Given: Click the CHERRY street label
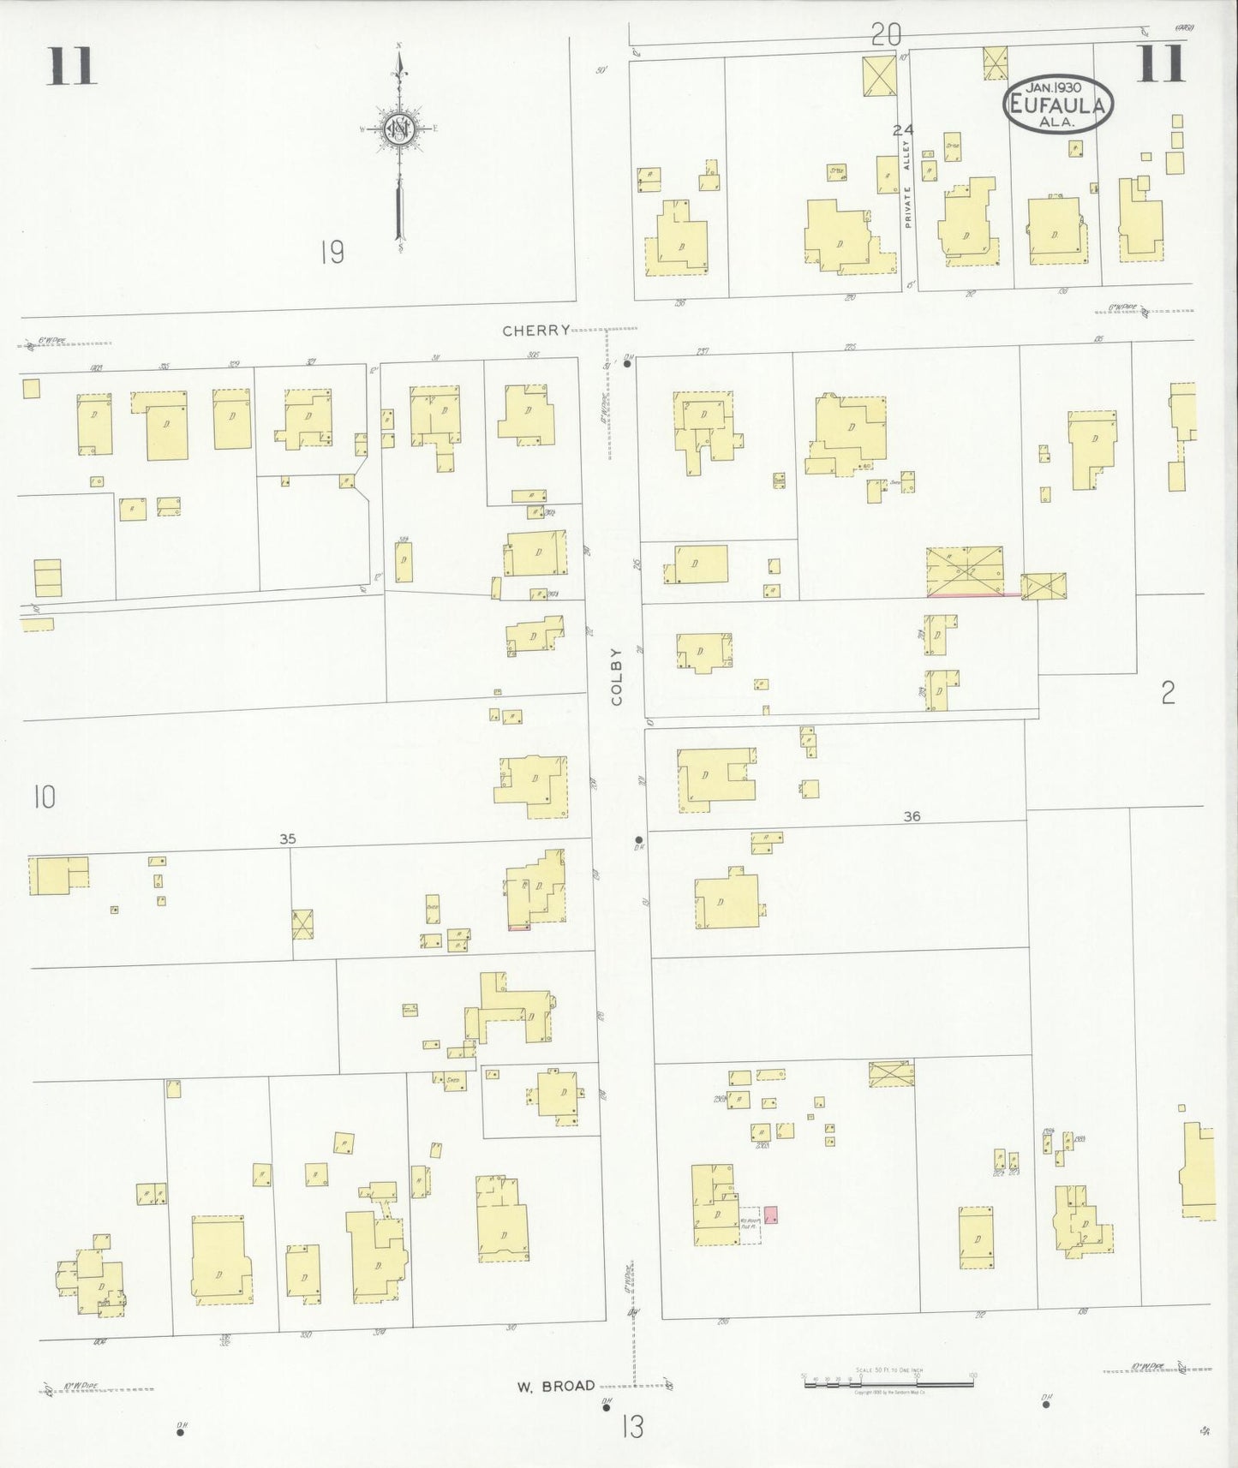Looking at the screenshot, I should [x=535, y=331].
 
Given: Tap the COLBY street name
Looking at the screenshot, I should [x=617, y=677].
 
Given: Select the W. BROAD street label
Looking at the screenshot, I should [x=555, y=1385].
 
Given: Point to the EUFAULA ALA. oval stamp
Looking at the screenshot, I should [x=1058, y=104].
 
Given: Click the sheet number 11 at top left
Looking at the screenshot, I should [x=71, y=66].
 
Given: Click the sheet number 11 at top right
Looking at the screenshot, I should [x=1161, y=64].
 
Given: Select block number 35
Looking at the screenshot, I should [x=288, y=839].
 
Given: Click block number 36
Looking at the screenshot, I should [x=912, y=816].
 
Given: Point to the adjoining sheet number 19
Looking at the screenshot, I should [x=332, y=253].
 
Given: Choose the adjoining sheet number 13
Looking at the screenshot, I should [x=632, y=1428].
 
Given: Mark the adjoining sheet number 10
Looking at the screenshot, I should [x=45, y=797].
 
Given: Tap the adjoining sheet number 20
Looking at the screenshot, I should [x=886, y=35].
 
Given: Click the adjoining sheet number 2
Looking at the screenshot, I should [x=1168, y=693].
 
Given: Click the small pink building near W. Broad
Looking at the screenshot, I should [x=770, y=1214].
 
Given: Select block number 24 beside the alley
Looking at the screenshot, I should [x=902, y=130].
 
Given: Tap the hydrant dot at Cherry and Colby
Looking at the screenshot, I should [x=628, y=364].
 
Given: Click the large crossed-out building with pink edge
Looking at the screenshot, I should [x=964, y=571].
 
